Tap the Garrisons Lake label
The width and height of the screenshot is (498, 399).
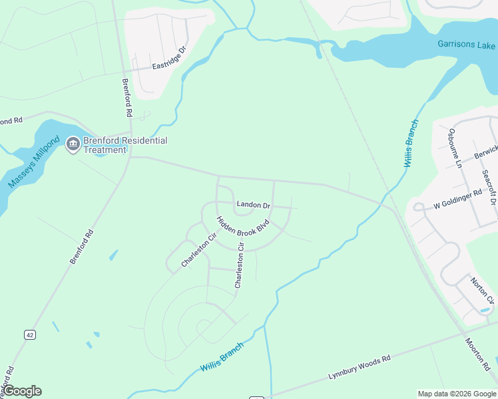point(467,45)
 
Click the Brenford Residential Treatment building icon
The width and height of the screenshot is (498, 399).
point(73,144)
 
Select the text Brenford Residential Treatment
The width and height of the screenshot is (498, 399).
point(125,145)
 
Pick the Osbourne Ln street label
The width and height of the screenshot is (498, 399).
point(455,147)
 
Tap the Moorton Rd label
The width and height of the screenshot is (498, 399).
point(477,354)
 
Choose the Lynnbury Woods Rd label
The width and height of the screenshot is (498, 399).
point(359,367)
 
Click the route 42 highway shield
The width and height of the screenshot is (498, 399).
point(29,335)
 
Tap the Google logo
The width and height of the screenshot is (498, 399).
point(22,391)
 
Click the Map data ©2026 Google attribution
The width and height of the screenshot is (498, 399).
point(457,394)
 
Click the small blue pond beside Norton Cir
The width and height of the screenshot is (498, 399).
point(484,310)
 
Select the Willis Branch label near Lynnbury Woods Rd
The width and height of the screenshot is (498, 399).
point(222,358)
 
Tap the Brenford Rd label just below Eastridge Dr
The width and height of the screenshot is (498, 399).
point(126,98)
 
